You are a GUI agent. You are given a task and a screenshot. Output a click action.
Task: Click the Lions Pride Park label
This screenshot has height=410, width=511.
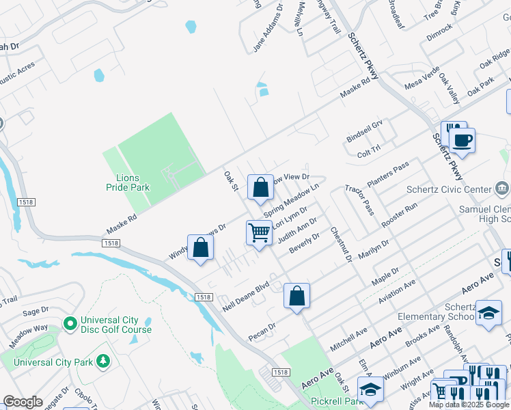[128, 182]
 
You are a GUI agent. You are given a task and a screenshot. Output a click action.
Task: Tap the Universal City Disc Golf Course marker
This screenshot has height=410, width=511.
[69, 322]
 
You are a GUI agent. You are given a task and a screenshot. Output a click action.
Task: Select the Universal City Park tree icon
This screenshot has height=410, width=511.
[102, 360]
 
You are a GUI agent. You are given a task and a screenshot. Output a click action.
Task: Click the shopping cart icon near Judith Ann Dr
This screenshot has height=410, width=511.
[259, 233]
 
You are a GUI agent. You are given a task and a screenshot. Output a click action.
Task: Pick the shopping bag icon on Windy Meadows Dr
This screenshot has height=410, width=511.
[200, 247]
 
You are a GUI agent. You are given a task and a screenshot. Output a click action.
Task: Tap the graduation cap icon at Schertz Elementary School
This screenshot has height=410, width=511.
[488, 312]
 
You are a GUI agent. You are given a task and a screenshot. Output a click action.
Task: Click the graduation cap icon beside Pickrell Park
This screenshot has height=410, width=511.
[370, 389]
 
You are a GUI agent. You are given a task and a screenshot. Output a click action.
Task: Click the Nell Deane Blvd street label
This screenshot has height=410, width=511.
[246, 295]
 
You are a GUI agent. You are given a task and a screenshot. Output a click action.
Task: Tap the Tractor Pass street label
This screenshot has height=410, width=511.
[359, 200]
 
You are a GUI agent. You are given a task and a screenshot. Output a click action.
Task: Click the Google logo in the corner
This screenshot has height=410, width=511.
[23, 402]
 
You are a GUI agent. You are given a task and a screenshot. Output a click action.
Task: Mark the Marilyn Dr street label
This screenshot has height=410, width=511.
[374, 251]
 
